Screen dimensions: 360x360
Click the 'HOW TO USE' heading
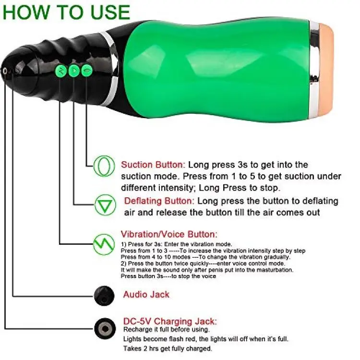coord(66,12)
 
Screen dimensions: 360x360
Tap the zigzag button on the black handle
coord(61,71)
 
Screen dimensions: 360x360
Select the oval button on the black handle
coord(87,70)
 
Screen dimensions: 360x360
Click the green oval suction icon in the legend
coord(104,166)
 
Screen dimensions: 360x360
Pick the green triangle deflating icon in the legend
coord(105,205)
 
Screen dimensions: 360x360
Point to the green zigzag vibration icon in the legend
coord(104,244)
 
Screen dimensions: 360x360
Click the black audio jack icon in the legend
coord(104,296)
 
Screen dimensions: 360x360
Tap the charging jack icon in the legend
coord(105,328)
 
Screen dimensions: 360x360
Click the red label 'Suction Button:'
coord(153,165)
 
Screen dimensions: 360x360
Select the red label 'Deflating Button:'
coord(159,201)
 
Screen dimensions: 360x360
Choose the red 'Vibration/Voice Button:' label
coord(169,234)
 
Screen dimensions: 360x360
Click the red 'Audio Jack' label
coord(146,294)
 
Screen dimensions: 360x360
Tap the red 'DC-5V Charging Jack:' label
coord(170,321)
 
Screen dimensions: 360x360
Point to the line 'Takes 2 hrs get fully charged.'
coord(168,348)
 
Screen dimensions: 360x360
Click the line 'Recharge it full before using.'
coord(167,329)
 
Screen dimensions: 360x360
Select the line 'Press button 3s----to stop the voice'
coord(168,276)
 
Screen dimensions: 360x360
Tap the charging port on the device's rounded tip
coord(5,71)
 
